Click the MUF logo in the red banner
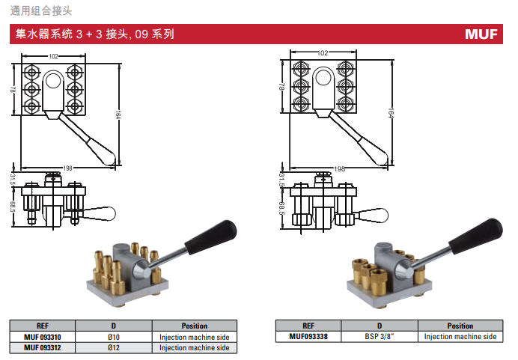[x=481, y=34]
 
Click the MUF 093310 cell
[x=42, y=338]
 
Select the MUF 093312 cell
[x=42, y=348]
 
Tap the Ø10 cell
[x=114, y=338]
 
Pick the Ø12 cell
[x=114, y=348]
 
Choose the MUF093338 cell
[x=308, y=337]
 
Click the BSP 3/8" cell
[x=380, y=337]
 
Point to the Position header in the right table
[x=460, y=326]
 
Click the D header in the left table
[x=114, y=326]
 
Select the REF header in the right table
[x=308, y=326]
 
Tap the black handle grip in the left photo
[x=211, y=237]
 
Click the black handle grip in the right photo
[x=476, y=236]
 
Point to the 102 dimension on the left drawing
[x=53, y=56]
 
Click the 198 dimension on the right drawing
[x=339, y=169]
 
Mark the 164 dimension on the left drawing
[x=118, y=115]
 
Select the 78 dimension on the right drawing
[x=281, y=87]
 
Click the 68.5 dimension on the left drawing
[x=13, y=207]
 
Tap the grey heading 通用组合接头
[x=41, y=11]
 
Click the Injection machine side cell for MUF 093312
[x=195, y=348]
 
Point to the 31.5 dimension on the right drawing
[x=281, y=179]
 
